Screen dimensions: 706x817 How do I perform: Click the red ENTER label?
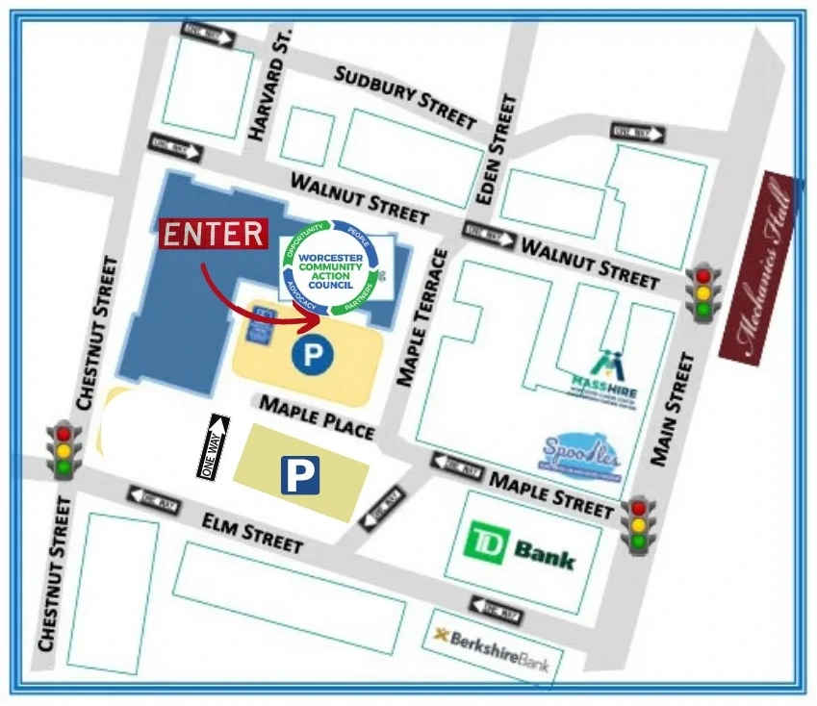pos(213,234)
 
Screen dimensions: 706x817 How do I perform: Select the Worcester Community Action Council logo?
pos(331,264)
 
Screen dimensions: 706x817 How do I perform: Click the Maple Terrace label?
pos(424,317)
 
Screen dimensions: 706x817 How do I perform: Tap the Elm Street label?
pos(252,531)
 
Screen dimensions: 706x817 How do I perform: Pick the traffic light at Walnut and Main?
pos(703,292)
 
